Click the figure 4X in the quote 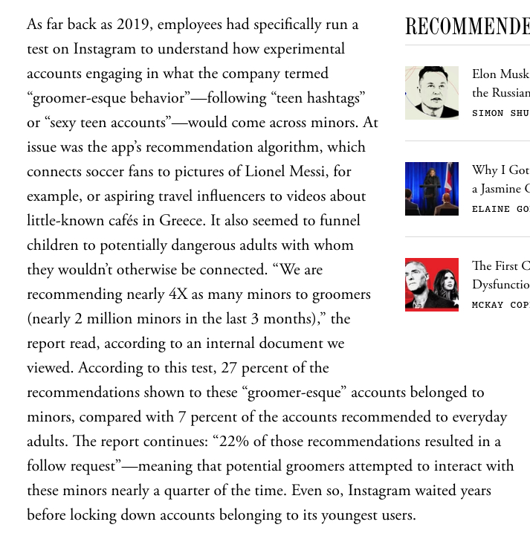[178, 294]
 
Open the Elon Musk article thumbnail [431, 93]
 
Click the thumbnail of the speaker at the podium [431, 189]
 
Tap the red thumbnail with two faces [431, 284]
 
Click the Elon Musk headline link [500, 74]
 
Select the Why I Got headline [500, 170]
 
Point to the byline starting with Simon [500, 113]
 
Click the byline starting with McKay [500, 305]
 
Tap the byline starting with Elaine [500, 209]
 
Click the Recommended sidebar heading [467, 28]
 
